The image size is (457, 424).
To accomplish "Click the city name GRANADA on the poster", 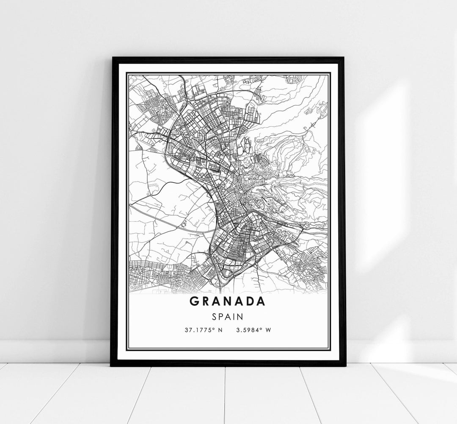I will (x=228, y=301).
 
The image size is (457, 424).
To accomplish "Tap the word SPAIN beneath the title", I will (x=228, y=316).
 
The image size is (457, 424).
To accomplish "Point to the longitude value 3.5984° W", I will (x=253, y=329).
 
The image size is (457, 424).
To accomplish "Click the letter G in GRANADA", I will (x=194, y=301).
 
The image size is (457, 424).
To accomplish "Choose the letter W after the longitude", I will (x=268, y=329).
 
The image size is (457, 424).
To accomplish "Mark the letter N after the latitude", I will (x=220, y=329).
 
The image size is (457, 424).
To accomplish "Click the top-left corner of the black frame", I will (x=112, y=58).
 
